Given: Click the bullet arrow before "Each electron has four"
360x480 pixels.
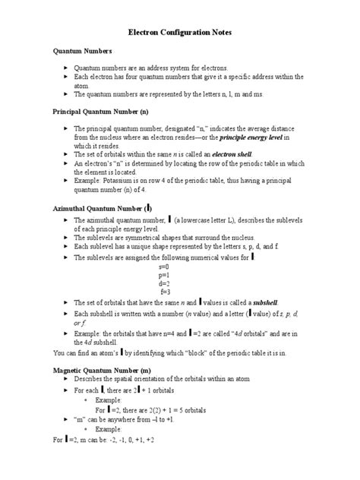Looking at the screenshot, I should pyautogui.click(x=66, y=77).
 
